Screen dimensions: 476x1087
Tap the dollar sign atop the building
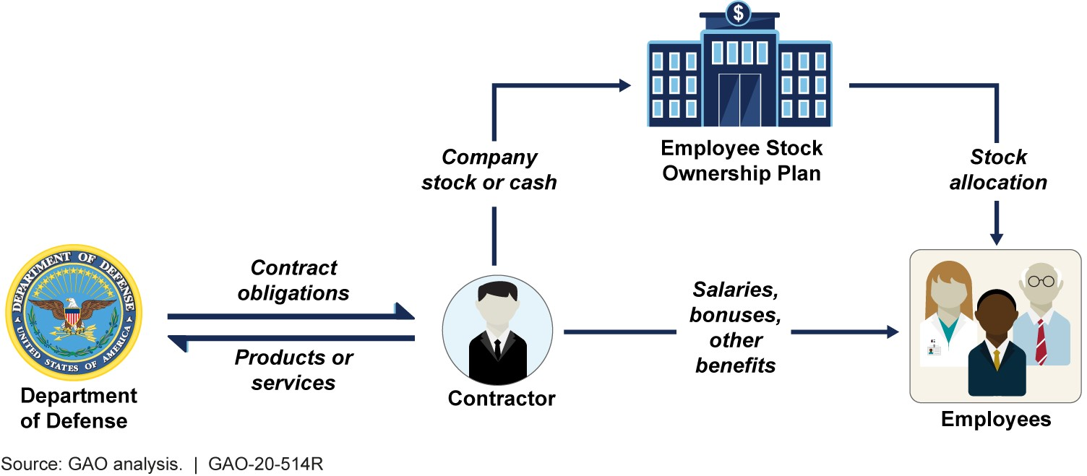tap(739, 12)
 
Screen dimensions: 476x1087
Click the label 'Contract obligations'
tap(294, 280)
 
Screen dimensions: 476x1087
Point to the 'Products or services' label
tap(293, 369)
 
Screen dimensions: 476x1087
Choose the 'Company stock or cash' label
tap(489, 170)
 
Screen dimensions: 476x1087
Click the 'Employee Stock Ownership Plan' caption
tap(742, 161)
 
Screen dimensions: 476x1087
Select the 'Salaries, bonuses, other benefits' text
tap(735, 327)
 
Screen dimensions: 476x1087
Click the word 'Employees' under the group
tap(996, 420)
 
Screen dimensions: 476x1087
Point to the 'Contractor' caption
tap(502, 399)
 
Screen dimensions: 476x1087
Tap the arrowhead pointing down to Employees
tap(997, 238)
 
